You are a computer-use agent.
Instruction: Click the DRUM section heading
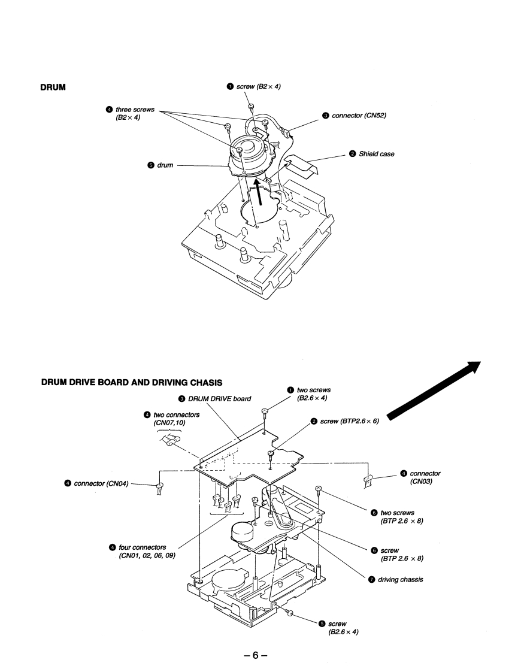[53, 87]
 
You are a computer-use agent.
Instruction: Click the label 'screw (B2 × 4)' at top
[258, 87]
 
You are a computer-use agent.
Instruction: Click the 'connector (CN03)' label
[424, 478]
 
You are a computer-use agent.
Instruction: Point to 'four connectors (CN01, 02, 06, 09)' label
[142, 551]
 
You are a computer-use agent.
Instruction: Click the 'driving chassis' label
[399, 579]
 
